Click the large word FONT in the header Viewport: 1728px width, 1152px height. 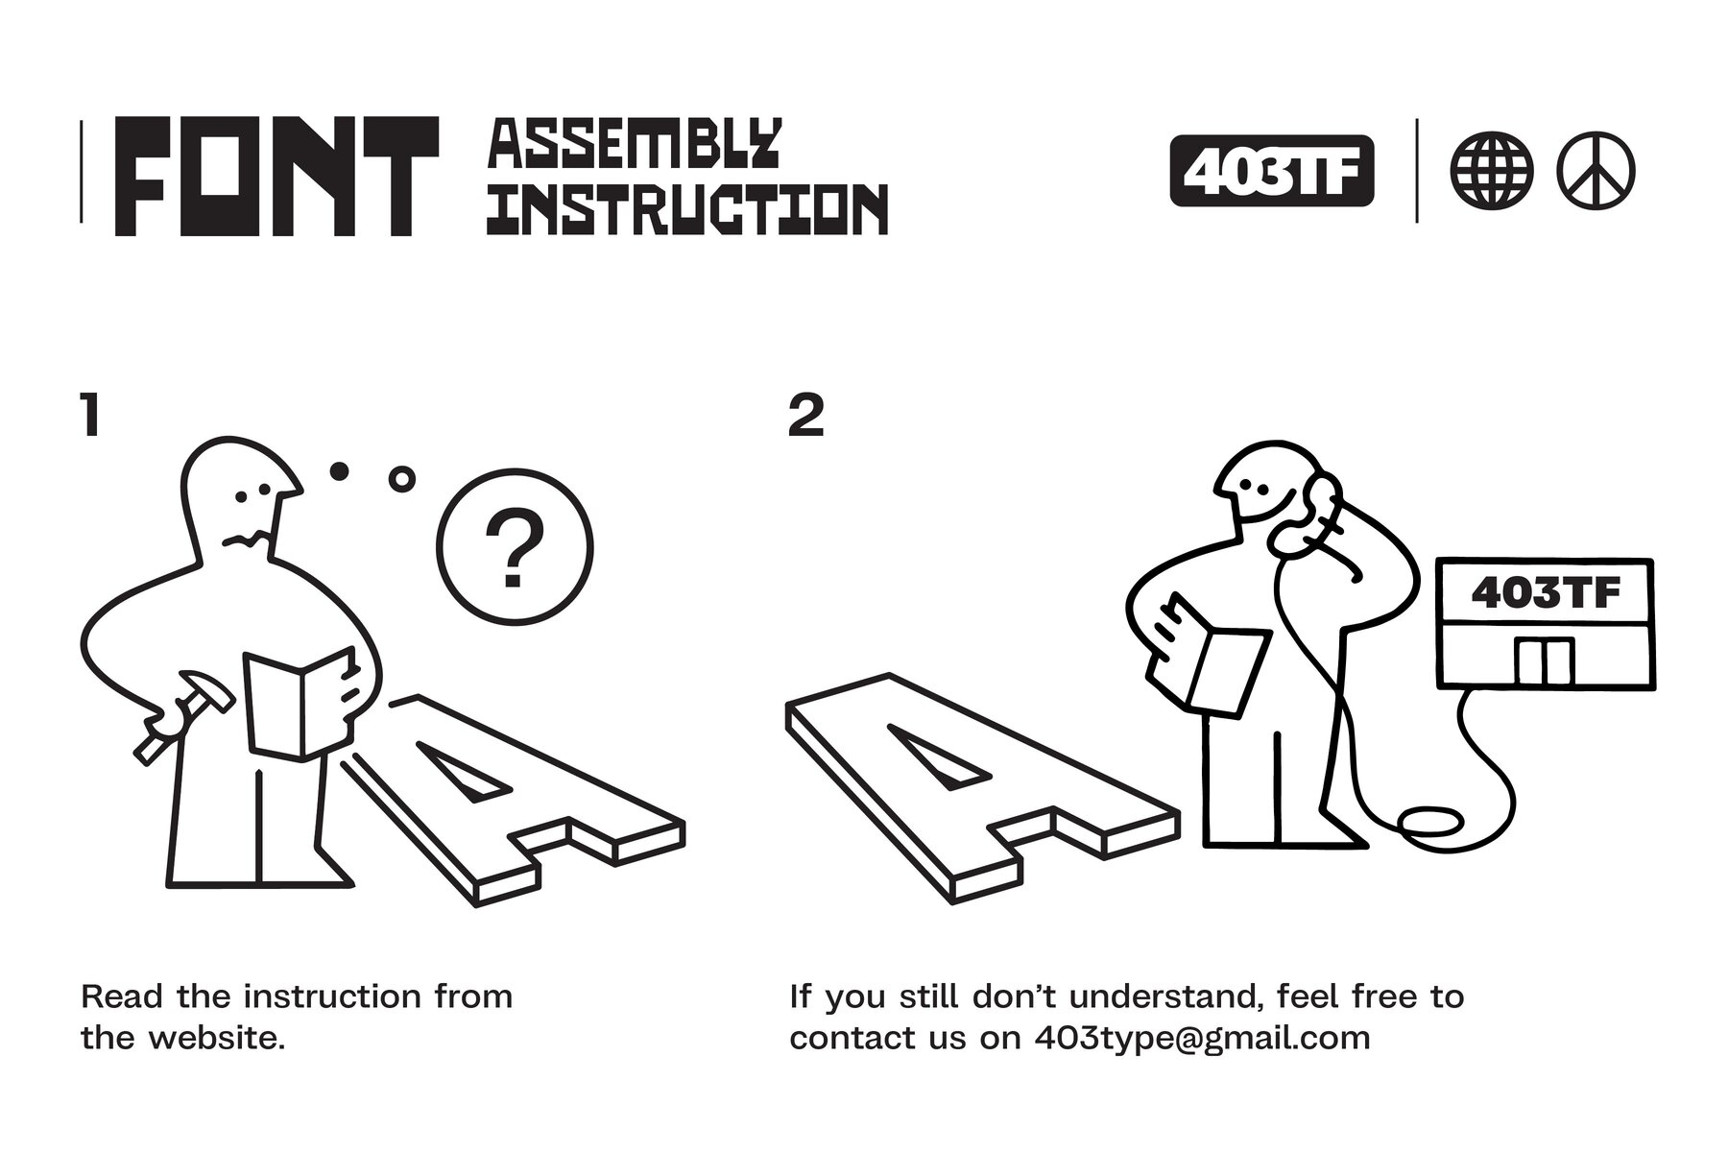276,176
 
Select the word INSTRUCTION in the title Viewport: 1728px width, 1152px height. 687,208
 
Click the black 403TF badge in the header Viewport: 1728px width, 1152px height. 1272,172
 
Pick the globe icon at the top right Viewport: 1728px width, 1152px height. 1491,172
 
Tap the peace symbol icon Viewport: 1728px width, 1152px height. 1596,172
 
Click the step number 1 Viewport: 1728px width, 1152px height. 90,416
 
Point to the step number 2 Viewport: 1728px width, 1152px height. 805,416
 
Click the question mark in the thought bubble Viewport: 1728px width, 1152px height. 515,548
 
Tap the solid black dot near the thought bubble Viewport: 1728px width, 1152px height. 339,470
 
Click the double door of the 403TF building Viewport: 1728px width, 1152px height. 1545,662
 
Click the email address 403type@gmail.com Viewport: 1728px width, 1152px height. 1202,1039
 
